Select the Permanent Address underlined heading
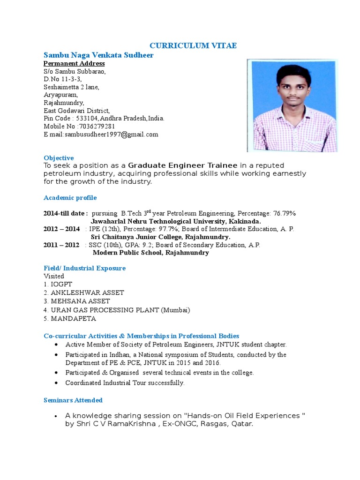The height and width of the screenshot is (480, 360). click(74, 63)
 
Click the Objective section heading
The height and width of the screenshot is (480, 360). click(59, 158)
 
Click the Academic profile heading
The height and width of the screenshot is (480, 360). click(70, 198)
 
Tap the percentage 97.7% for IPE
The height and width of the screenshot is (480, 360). click(167, 229)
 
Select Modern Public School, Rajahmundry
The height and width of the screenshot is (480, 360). click(150, 253)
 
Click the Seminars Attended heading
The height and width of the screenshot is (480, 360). click(73, 400)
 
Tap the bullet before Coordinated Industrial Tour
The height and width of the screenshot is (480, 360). click(56, 382)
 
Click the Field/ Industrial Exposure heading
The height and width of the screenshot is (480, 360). click(84, 268)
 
